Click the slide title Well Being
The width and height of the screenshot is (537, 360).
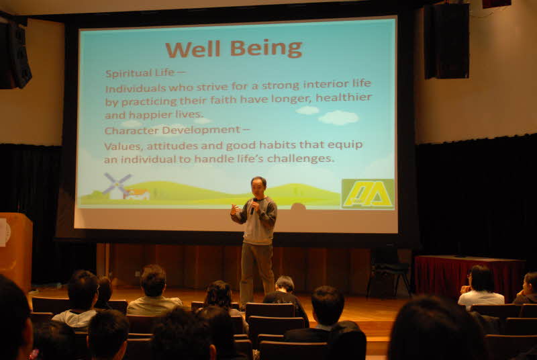(x=234, y=48)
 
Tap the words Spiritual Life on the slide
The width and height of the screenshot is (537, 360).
(x=140, y=73)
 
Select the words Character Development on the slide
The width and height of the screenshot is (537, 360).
(x=173, y=130)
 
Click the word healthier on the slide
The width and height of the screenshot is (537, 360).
(x=344, y=97)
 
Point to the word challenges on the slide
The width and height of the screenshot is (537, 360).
(x=300, y=159)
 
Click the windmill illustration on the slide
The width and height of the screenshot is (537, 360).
(x=116, y=185)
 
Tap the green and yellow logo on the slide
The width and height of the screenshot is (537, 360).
(x=367, y=193)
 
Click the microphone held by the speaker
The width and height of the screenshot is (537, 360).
(x=253, y=206)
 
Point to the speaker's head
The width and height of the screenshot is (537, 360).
(x=258, y=186)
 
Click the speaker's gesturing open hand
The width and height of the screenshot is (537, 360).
(x=235, y=209)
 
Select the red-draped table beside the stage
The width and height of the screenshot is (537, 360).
(x=469, y=276)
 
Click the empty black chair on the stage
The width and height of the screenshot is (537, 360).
(x=388, y=270)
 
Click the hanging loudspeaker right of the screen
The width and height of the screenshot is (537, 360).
(x=446, y=41)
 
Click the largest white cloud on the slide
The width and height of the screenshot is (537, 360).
(x=338, y=118)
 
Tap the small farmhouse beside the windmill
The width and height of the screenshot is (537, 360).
(x=136, y=194)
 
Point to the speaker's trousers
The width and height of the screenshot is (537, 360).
(x=257, y=272)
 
